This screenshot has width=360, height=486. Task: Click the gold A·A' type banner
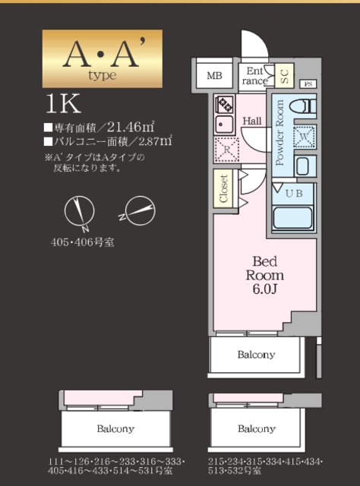(x=102, y=58)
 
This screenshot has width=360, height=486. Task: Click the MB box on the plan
(x=214, y=75)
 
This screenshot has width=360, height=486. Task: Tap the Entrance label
(x=255, y=74)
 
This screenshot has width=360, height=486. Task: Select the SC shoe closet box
(x=285, y=74)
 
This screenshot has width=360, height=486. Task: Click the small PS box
(x=308, y=84)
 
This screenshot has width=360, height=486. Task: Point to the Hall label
(x=252, y=120)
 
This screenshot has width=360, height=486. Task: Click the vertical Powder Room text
(x=279, y=133)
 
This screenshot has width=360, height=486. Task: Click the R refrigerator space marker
(x=226, y=149)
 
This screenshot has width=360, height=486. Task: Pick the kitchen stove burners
(x=225, y=104)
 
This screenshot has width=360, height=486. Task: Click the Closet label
(x=224, y=188)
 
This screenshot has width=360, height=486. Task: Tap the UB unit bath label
(x=293, y=193)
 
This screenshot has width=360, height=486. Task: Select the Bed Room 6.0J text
(x=267, y=275)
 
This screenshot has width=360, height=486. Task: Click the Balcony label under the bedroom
(x=255, y=355)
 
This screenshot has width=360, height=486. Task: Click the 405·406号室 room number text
(x=82, y=244)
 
